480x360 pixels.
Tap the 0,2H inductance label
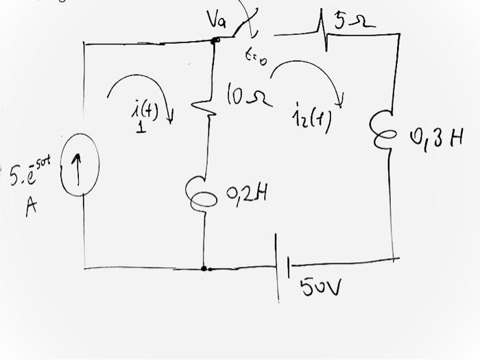coord(245,195)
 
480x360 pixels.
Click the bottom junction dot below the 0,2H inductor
coord(204,268)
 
